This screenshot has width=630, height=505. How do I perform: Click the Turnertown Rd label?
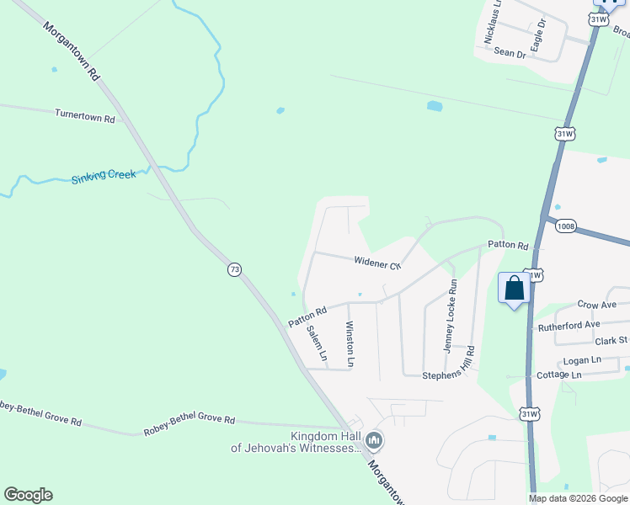(x=84, y=117)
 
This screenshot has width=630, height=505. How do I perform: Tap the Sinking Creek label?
(x=103, y=177)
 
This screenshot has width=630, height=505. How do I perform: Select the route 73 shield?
(x=235, y=269)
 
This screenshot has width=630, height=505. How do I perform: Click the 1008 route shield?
(x=566, y=226)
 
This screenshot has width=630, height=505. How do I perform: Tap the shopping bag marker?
(x=514, y=289)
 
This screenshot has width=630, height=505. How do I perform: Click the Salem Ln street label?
(x=318, y=343)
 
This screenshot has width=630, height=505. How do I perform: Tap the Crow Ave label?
(x=597, y=305)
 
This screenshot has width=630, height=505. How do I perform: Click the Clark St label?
(x=611, y=341)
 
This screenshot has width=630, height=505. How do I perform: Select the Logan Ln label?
(x=582, y=359)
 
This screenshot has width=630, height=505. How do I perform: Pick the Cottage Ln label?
(x=559, y=375)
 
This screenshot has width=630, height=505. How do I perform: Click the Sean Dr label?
(x=510, y=53)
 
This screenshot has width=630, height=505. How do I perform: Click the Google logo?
(x=28, y=495)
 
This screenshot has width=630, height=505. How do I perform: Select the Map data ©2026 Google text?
(x=579, y=498)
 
